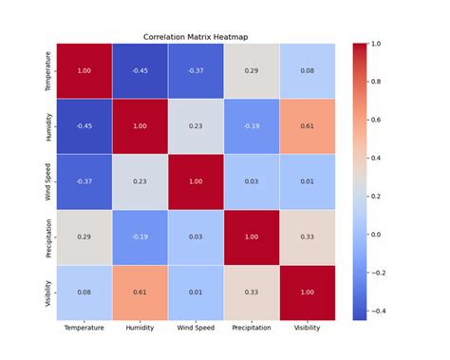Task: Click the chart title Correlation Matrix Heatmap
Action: (197, 36)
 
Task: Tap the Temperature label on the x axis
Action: (84, 328)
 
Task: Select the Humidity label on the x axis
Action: (141, 328)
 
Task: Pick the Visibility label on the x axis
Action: (308, 328)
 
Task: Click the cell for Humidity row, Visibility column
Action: (308, 126)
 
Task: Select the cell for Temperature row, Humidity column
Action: (141, 70)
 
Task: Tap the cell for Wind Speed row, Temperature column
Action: (84, 181)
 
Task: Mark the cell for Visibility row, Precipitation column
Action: (253, 293)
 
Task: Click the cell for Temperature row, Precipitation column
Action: (253, 70)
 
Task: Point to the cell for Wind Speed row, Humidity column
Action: (141, 181)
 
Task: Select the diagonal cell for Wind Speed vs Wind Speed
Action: (197, 181)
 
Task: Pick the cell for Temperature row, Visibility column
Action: (308, 70)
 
